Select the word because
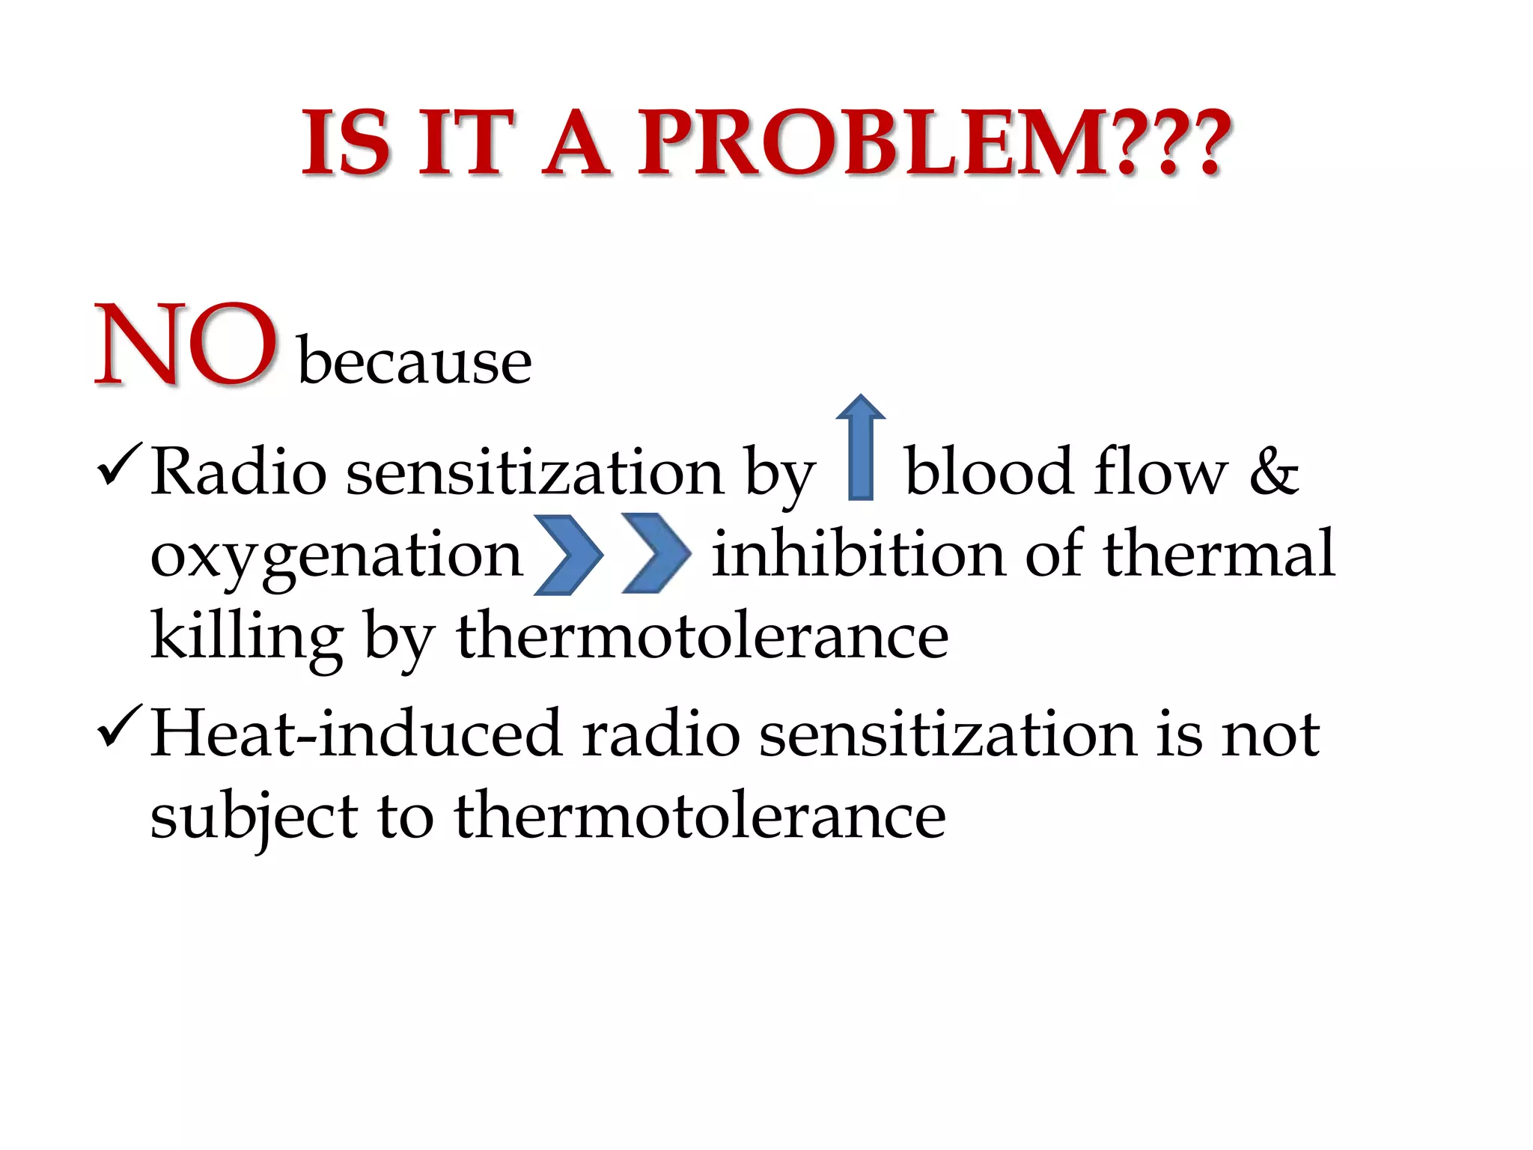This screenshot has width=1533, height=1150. pos(415,362)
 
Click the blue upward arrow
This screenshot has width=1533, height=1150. pos(861,449)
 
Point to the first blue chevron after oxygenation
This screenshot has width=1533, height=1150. pos(568,555)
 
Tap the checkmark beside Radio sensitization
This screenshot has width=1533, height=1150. pos(118,464)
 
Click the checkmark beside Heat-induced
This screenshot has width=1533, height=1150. pos(118,725)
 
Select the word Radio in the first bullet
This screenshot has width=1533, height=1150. pos(239,472)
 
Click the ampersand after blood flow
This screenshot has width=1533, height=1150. pos(1274,472)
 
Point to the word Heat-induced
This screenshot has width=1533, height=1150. pos(356,734)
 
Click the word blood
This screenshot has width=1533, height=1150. pos(989,472)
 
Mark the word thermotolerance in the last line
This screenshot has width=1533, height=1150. pos(700,816)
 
